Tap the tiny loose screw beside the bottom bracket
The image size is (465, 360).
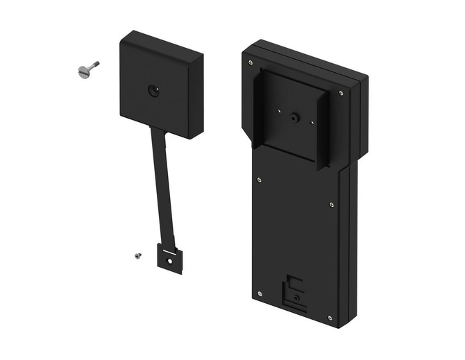click(x=137, y=255)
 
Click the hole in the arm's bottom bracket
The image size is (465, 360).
click(x=171, y=260)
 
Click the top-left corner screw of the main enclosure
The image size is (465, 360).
click(x=250, y=62)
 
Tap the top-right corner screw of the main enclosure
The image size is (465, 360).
click(x=340, y=92)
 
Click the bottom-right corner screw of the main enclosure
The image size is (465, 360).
click(x=331, y=318)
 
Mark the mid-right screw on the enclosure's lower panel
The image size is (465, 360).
click(x=331, y=205)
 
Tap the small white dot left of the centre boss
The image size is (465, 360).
click(x=278, y=109)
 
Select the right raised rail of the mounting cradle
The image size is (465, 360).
click(x=322, y=132)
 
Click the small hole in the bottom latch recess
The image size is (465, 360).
click(x=296, y=297)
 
